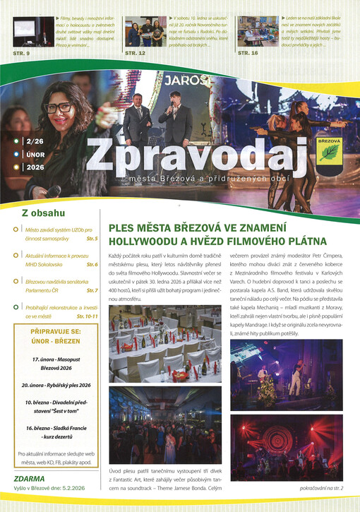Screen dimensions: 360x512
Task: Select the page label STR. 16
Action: click(248, 53)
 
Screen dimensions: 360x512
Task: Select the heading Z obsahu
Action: click(43, 212)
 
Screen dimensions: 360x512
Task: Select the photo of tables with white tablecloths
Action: click(164, 343)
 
